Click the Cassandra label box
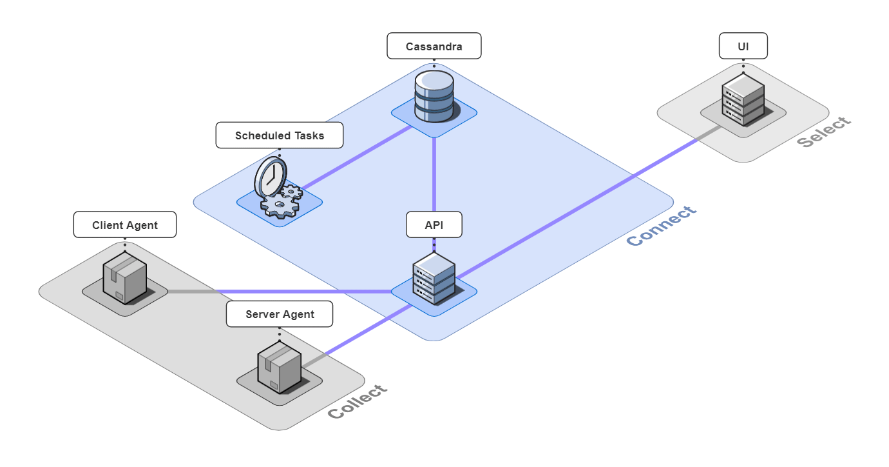coord(434,46)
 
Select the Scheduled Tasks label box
coord(279,135)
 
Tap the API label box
coord(434,224)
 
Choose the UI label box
coord(743,46)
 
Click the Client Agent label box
coord(124,224)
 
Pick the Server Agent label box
coord(280,314)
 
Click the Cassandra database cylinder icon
coord(434,97)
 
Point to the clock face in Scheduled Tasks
coord(270,175)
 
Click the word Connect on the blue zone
coord(662,226)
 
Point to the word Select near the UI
coord(824,132)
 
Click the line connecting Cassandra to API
coord(434,174)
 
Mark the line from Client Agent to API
coord(290,292)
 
